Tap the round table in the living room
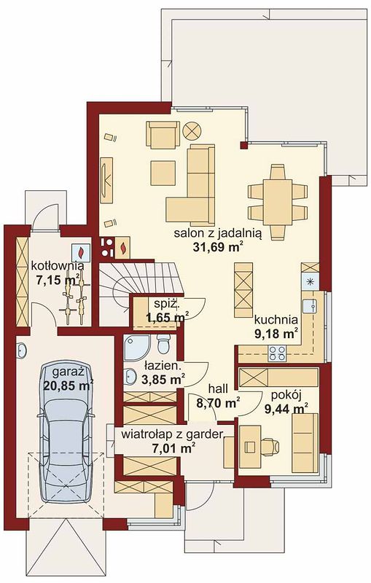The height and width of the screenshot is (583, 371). pyautogui.click(x=192, y=130)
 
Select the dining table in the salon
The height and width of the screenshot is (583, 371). pyautogui.click(x=277, y=203)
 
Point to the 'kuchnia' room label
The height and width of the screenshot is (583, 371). pyautogui.click(x=276, y=319)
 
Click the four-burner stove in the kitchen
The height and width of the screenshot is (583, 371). pyautogui.click(x=277, y=353)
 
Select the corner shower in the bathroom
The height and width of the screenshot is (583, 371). pyautogui.click(x=137, y=348)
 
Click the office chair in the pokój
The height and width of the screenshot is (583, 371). pyautogui.click(x=269, y=447)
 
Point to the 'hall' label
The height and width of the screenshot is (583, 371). pyautogui.click(x=218, y=389)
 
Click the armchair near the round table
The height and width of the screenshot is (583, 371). pyautogui.click(x=163, y=136)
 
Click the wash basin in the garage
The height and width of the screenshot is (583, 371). pyautogui.click(x=22, y=351)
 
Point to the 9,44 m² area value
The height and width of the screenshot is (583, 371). pyautogui.click(x=286, y=409)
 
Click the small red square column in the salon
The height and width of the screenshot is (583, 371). pyautogui.click(x=244, y=145)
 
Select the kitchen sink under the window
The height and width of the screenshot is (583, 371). pyautogui.click(x=309, y=306)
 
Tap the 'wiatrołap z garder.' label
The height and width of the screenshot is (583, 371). pyautogui.click(x=172, y=434)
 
